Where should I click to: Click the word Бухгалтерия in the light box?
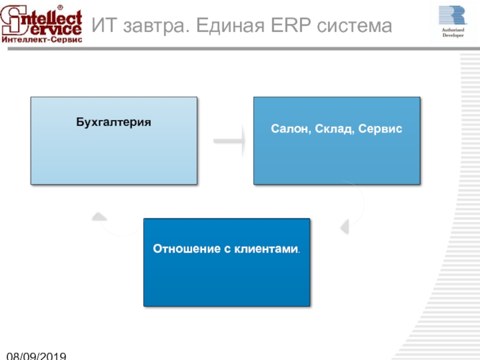point(113,122)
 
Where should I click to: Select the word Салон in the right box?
point(289,129)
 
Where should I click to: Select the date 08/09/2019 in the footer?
point(36,356)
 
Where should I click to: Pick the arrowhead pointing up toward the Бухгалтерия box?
point(100,216)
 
